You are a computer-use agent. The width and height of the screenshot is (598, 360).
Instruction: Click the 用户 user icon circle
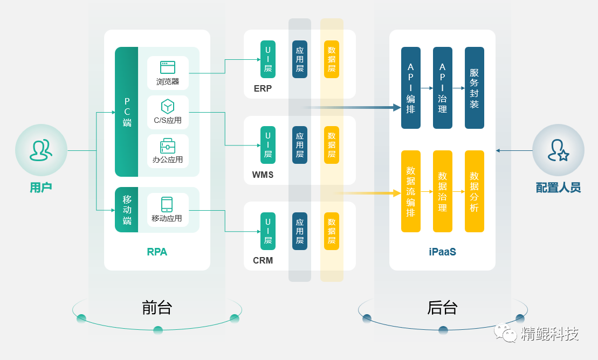click(x=41, y=150)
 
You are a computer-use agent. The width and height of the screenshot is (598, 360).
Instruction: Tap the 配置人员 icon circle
click(x=558, y=150)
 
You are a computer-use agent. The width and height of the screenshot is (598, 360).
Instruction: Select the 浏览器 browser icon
click(x=168, y=67)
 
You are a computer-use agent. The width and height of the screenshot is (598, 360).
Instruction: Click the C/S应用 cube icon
click(x=168, y=106)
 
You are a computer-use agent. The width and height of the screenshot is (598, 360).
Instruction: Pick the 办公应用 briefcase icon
click(x=168, y=146)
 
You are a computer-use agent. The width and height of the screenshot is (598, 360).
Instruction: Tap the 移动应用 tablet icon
click(x=167, y=204)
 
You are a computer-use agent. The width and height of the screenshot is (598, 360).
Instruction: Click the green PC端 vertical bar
click(x=127, y=112)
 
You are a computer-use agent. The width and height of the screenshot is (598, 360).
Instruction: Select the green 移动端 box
click(x=127, y=210)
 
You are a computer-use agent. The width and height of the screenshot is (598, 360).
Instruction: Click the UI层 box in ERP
click(x=268, y=59)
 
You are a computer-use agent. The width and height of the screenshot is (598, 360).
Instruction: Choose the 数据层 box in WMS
click(x=332, y=145)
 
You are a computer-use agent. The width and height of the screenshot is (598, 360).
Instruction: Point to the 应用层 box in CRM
click(x=300, y=231)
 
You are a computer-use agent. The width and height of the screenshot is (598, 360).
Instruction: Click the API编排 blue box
click(x=411, y=88)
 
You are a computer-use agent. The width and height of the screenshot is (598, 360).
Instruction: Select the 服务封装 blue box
click(x=475, y=88)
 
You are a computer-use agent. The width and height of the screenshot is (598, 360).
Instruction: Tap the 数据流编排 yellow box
click(x=411, y=191)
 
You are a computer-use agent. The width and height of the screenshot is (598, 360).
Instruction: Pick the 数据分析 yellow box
click(x=475, y=191)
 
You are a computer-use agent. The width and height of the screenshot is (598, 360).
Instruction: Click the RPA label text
click(x=157, y=252)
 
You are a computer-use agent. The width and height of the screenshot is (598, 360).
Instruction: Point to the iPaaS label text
click(x=442, y=252)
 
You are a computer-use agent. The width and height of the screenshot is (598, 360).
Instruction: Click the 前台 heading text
click(x=157, y=308)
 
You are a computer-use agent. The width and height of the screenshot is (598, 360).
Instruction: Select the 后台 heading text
click(x=442, y=308)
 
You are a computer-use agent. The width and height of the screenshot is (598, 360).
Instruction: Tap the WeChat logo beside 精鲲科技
click(x=506, y=333)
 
